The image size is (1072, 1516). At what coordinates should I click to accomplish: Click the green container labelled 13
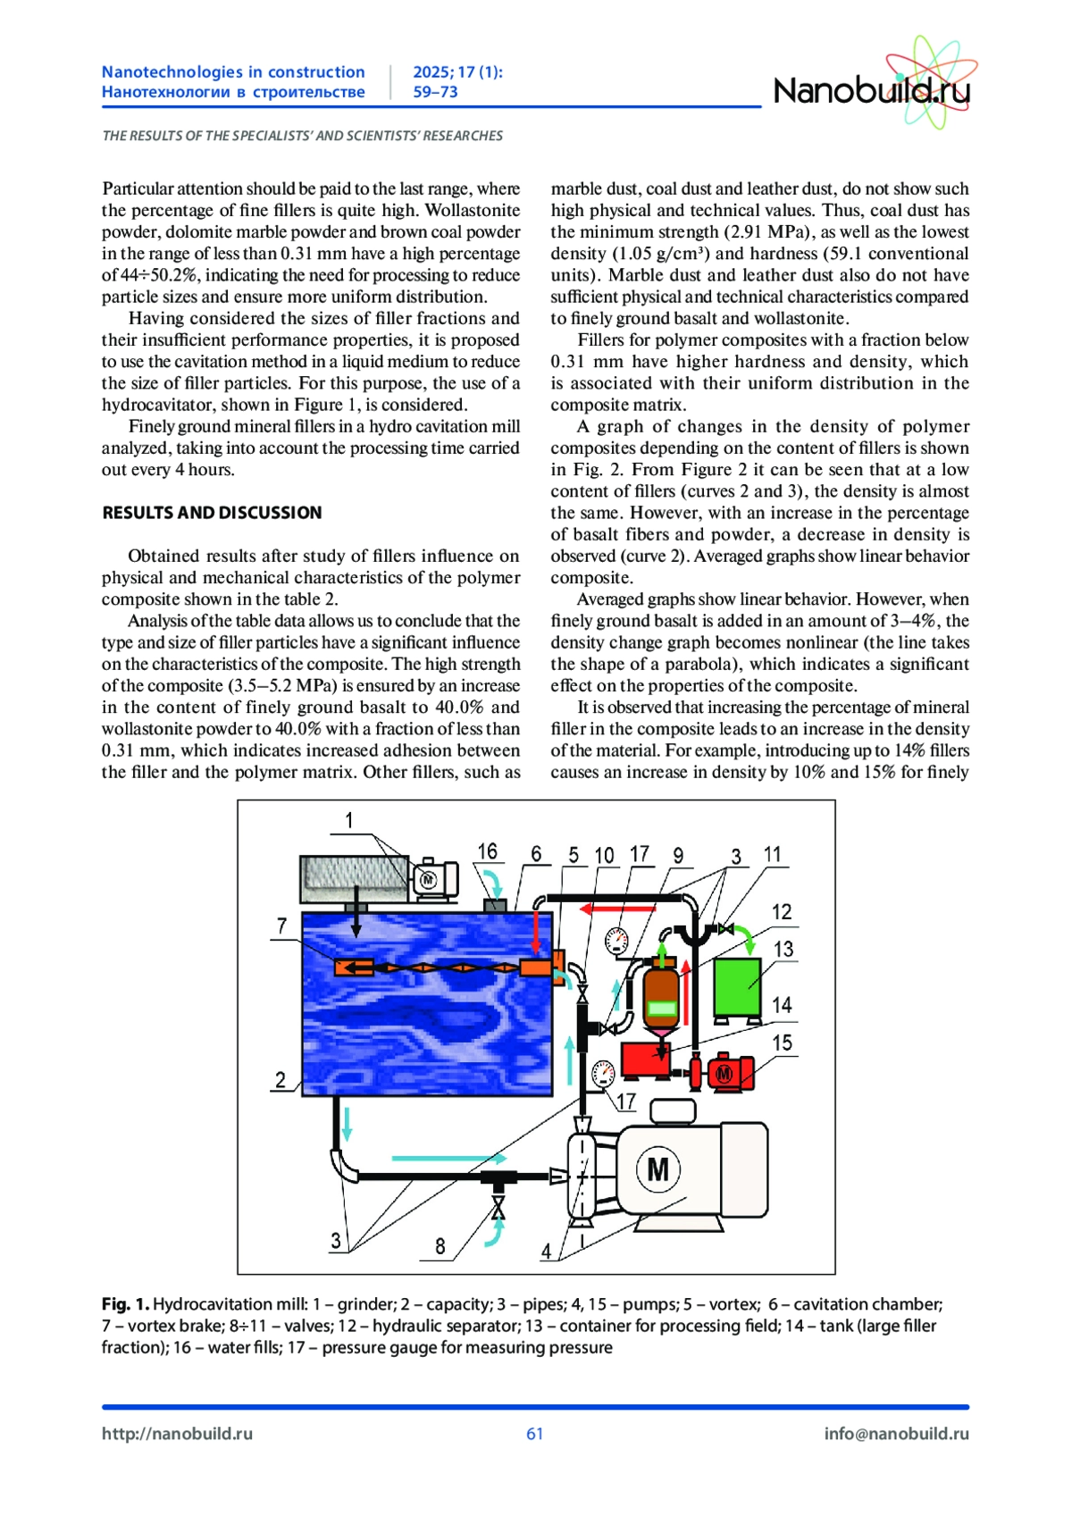coord(737,986)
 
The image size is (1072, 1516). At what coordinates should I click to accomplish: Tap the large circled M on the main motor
coord(657,1168)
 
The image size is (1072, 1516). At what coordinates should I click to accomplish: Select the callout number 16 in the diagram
coord(487,851)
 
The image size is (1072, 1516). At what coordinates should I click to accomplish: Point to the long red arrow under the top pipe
coord(617,909)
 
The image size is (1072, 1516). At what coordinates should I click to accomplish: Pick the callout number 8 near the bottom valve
coord(440,1245)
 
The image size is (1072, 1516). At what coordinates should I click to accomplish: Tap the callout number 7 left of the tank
coord(282,926)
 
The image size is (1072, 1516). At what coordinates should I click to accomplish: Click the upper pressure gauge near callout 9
coord(616,941)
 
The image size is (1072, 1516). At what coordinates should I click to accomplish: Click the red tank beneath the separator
coord(645,1059)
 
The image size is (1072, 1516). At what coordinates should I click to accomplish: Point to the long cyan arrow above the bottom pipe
coord(437,1158)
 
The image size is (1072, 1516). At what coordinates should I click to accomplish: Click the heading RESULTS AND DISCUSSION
coord(212,513)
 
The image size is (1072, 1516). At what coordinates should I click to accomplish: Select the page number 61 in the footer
coord(535,1434)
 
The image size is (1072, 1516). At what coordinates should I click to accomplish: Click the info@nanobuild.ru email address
coord(896,1434)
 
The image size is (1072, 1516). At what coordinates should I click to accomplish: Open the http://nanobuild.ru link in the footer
coord(177,1434)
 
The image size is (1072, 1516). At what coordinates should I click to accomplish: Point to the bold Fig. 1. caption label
coord(125,1304)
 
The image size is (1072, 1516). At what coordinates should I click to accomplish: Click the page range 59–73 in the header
coord(435,92)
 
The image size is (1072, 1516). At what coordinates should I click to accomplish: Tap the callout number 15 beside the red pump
coord(782,1043)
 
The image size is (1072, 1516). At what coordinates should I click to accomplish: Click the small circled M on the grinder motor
coord(428,879)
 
